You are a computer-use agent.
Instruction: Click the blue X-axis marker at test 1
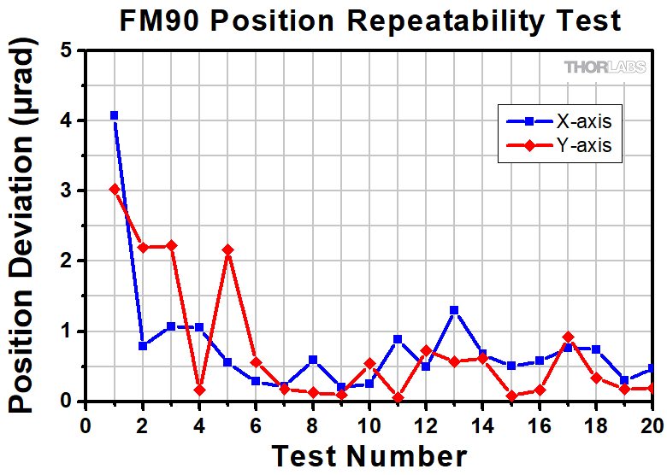pos(114,115)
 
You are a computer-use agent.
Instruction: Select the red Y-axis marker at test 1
pos(114,189)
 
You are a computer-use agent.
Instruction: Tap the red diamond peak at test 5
pos(227,249)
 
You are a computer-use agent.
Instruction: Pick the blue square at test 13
pos(454,310)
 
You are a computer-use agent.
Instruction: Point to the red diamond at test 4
pos(199,390)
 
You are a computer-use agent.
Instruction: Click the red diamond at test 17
pos(568,337)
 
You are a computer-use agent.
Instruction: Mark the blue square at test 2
pos(143,346)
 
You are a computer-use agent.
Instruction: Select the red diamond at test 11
pos(398,398)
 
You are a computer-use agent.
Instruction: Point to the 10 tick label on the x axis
pos(369,425)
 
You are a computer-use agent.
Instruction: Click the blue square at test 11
pos(398,339)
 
